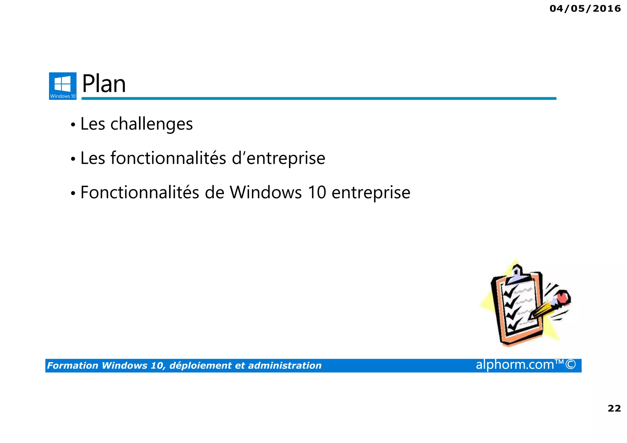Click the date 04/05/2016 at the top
(585, 9)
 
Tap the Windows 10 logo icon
(63, 86)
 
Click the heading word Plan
(104, 84)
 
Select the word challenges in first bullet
(152, 124)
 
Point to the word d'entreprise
(278, 158)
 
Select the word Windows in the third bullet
(265, 193)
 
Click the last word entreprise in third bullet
(371, 193)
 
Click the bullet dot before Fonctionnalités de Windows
(73, 193)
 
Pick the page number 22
(614, 408)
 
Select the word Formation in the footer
(73, 366)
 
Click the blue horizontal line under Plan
(318, 98)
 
